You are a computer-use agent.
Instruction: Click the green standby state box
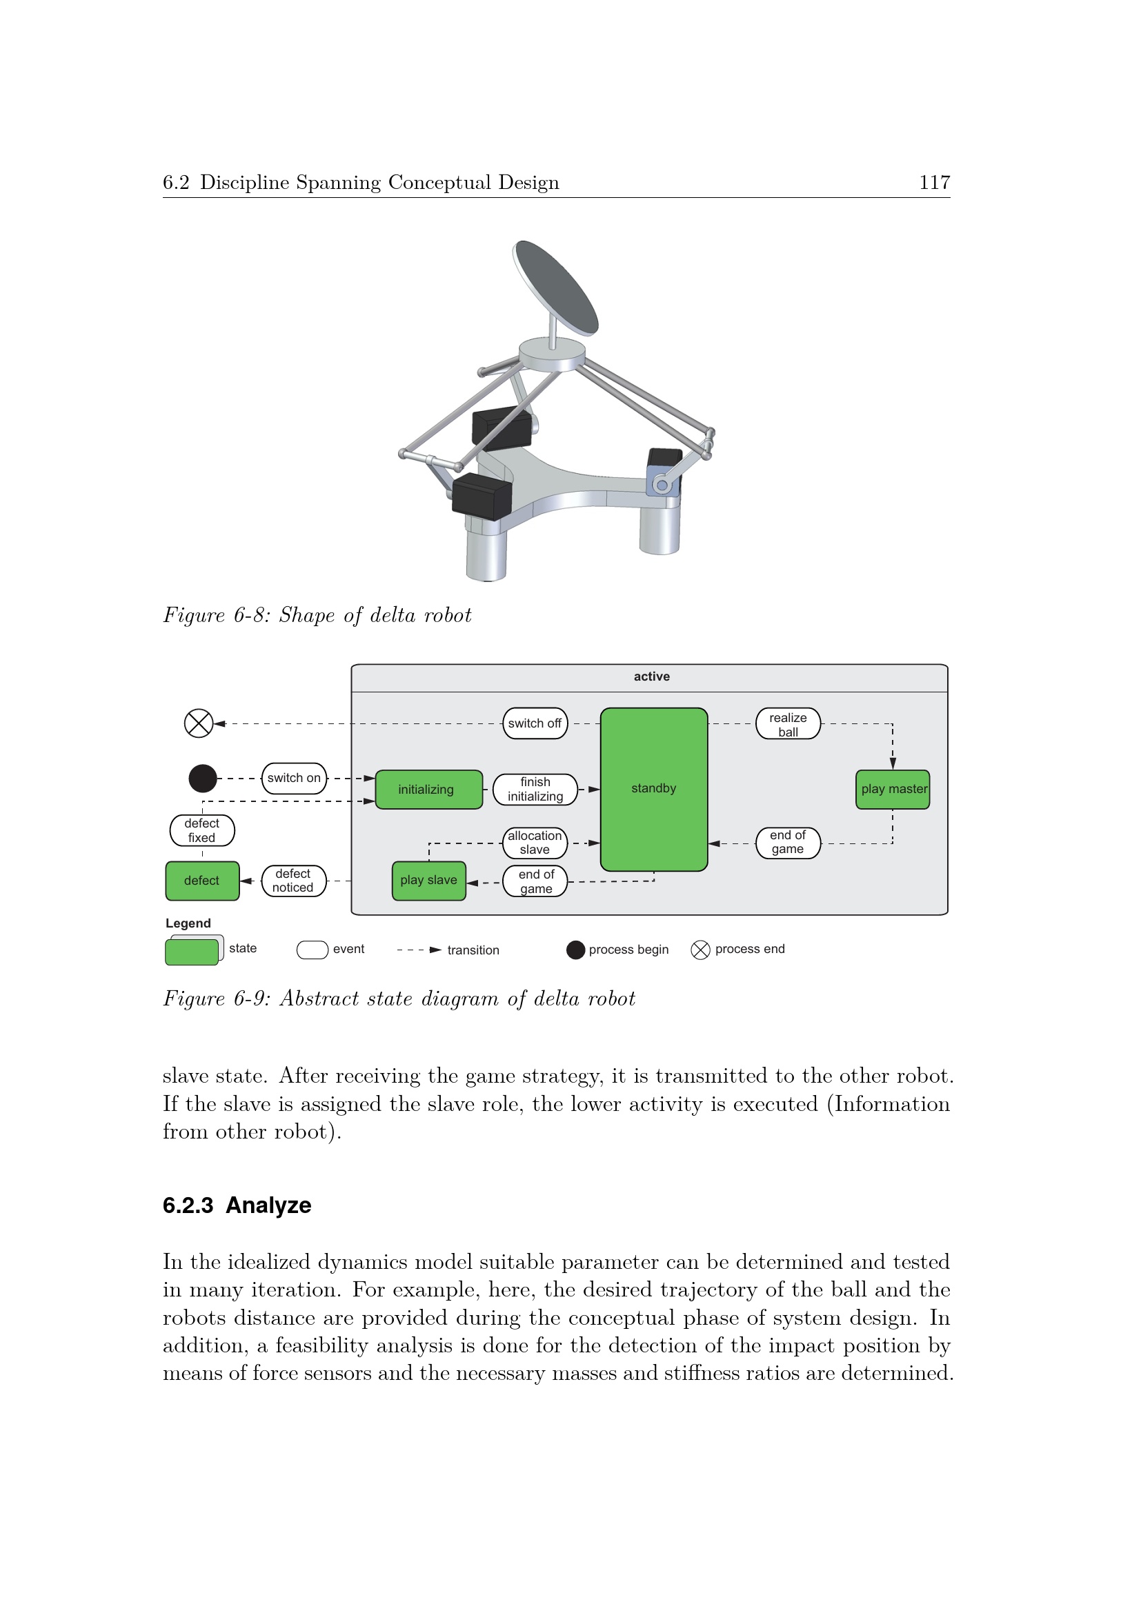click(653, 789)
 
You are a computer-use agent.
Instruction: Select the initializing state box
click(428, 790)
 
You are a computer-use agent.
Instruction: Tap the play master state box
click(892, 790)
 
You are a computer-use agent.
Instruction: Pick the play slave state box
click(428, 880)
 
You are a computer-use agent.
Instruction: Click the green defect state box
click(202, 880)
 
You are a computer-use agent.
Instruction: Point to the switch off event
click(535, 723)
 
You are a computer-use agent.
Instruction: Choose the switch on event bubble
click(294, 779)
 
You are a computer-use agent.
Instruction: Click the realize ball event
click(788, 723)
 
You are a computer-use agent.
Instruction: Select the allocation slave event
click(535, 843)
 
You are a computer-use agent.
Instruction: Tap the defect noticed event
click(294, 881)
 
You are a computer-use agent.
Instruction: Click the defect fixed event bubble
click(202, 830)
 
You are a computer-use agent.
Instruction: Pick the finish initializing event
click(535, 790)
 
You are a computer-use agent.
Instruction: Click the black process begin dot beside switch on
click(203, 779)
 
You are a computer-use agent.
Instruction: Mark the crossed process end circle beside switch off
click(199, 723)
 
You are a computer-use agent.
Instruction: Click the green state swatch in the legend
click(192, 952)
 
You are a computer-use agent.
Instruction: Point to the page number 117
click(935, 183)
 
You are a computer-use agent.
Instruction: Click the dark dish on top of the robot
click(556, 288)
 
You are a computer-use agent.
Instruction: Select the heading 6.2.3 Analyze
click(237, 1205)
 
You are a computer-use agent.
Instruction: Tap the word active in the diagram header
click(651, 677)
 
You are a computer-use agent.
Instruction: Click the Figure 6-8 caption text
click(317, 615)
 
